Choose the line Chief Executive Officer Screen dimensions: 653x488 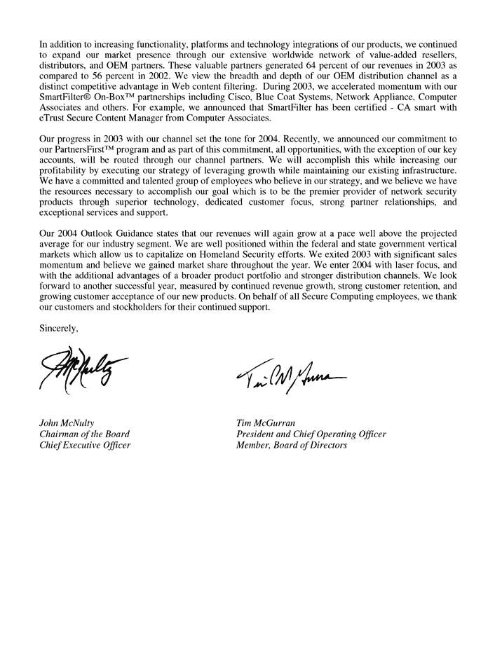[x=85, y=446]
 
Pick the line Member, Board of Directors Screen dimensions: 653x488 [x=292, y=446]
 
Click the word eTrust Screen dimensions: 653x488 [x=53, y=120]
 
